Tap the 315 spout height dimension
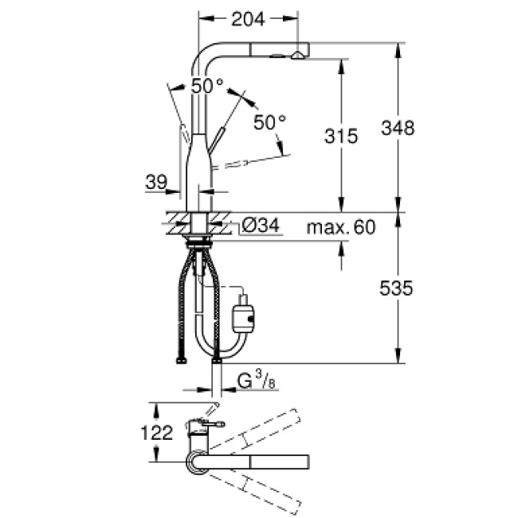pyautogui.click(x=340, y=136)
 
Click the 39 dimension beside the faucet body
pyautogui.click(x=155, y=182)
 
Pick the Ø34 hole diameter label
pyautogui.click(x=260, y=227)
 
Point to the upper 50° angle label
pyautogui.click(x=207, y=86)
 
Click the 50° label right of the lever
pyautogui.click(x=269, y=122)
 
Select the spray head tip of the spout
pyautogui.click(x=296, y=54)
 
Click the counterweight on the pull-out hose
pyautogui.click(x=241, y=317)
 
